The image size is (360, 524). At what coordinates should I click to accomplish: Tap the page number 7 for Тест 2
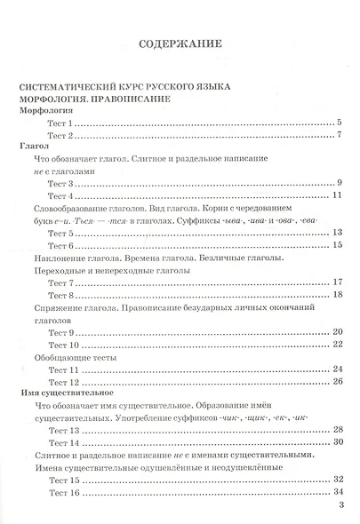coord(340,136)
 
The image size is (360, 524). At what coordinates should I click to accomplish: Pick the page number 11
coord(337,195)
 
